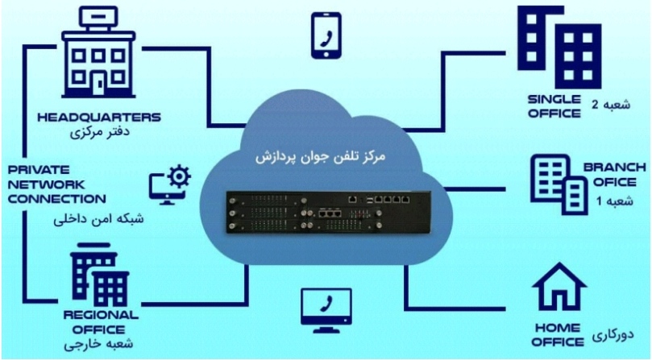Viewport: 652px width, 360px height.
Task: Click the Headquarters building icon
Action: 98,54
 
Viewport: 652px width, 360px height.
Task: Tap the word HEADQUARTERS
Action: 99,118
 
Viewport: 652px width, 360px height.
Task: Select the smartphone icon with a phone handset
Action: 326,35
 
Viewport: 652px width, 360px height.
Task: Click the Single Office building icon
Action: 559,47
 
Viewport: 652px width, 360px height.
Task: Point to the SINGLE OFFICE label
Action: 554,106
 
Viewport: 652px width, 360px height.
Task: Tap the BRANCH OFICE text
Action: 615,175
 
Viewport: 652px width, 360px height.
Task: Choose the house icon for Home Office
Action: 559,287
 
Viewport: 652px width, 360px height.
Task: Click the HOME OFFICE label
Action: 558,335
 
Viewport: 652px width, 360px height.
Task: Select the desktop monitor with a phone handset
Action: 326,310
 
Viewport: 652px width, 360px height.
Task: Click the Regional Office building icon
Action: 100,275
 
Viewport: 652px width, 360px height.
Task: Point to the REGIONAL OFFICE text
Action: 100,322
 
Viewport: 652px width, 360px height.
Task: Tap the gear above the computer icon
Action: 179,176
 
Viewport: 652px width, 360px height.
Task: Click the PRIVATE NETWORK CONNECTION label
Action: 57,184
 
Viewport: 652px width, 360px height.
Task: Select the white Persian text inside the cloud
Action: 320,157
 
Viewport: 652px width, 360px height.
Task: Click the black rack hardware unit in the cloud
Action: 329,213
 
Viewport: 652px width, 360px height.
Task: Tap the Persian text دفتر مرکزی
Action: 100,133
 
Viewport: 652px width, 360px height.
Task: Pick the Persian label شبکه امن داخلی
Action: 98,219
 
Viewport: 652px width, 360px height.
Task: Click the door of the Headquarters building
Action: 100,85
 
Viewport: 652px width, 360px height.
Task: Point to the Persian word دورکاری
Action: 613,336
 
